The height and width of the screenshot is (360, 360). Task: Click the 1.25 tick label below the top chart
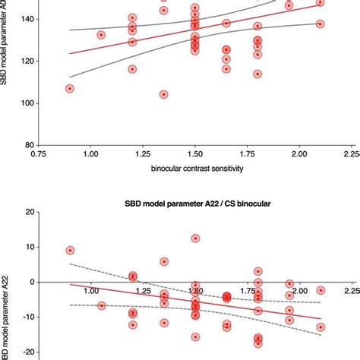click(x=143, y=154)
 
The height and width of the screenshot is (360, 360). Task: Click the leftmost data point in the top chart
click(x=70, y=88)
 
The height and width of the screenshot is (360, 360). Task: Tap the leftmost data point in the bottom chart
click(x=70, y=250)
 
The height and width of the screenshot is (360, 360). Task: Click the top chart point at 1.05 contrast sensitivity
click(x=101, y=35)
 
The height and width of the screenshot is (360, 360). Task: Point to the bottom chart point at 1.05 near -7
click(x=101, y=306)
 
